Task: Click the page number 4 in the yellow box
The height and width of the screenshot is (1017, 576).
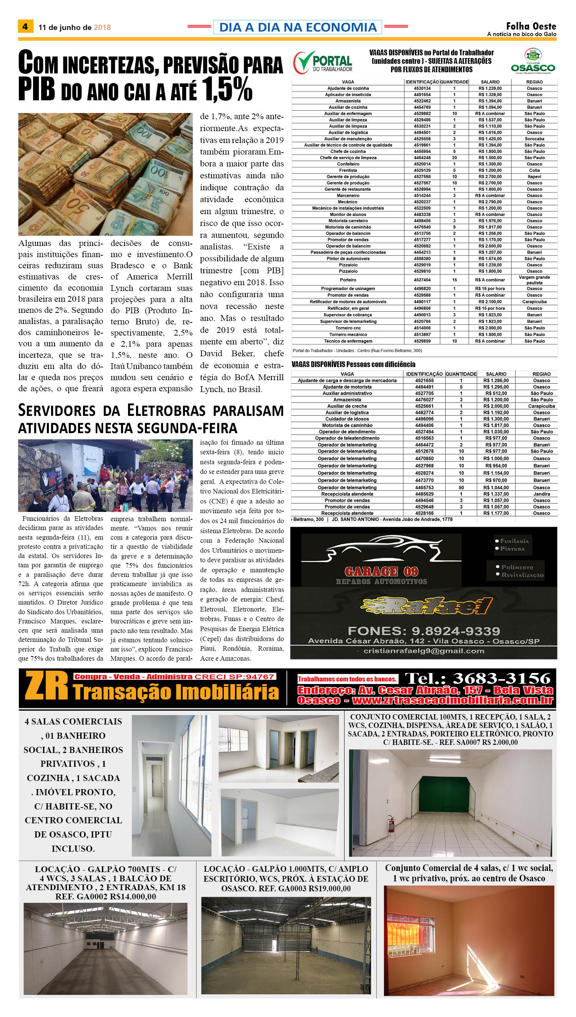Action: pyautogui.click(x=25, y=27)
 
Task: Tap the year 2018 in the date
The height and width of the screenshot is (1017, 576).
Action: pyautogui.click(x=102, y=27)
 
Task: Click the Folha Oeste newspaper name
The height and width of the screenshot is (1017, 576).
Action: pyautogui.click(x=531, y=26)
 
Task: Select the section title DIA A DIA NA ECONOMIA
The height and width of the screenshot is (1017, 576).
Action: pyautogui.click(x=298, y=27)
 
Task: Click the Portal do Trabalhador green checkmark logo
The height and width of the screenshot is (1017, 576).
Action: pyautogui.click(x=304, y=62)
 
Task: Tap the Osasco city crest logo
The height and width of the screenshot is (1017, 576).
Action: pyautogui.click(x=533, y=55)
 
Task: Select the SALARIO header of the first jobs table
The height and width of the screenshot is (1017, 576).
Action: pyautogui.click(x=490, y=82)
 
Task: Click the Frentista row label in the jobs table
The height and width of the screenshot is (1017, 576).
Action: pyautogui.click(x=348, y=170)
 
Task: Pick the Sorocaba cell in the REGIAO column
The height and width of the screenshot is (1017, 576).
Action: pyautogui.click(x=534, y=139)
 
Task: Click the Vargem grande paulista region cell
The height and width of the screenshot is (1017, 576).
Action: pyautogui.click(x=534, y=280)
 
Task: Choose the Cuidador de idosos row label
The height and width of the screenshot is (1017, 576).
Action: pyautogui.click(x=347, y=419)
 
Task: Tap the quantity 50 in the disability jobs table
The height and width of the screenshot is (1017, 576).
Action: pyautogui.click(x=461, y=487)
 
